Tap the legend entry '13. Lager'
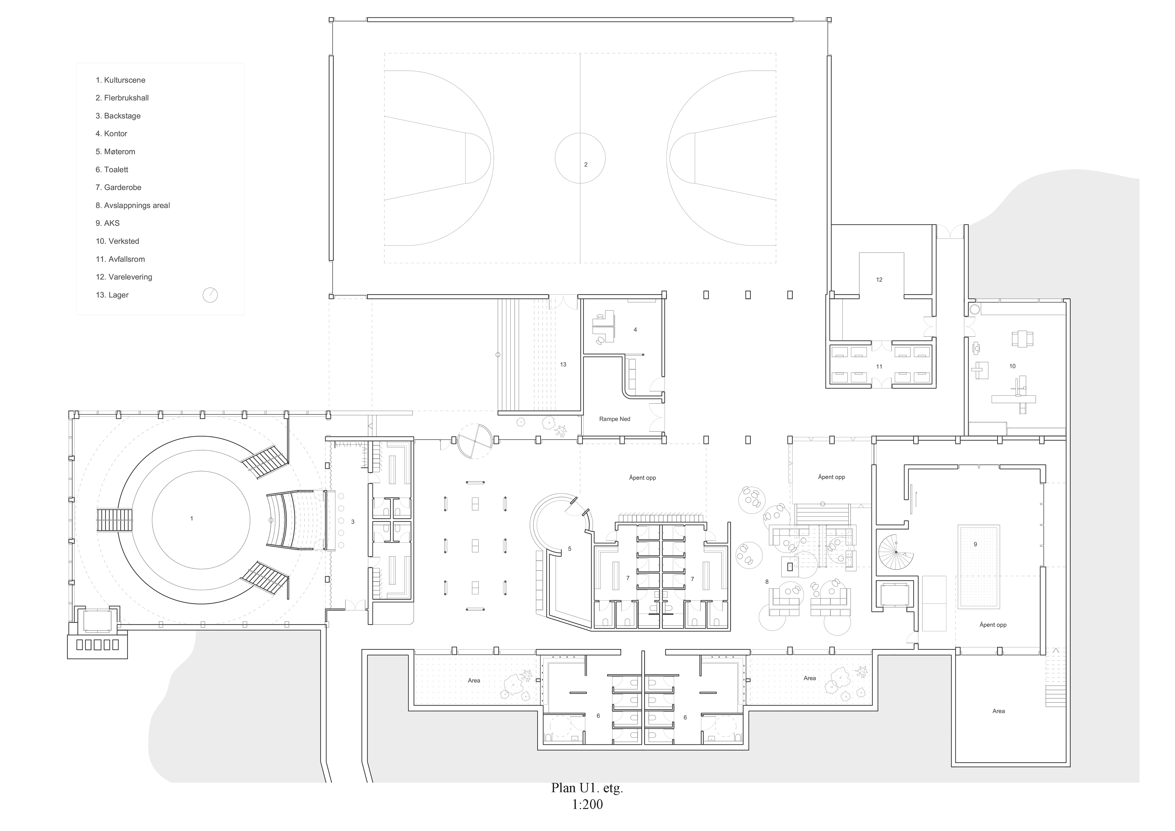tap(112, 295)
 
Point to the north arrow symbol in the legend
tap(210, 295)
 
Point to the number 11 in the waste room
tap(879, 367)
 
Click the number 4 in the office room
tap(635, 330)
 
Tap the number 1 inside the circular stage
tap(192, 519)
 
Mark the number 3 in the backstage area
tap(352, 522)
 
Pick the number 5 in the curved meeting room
tap(569, 549)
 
